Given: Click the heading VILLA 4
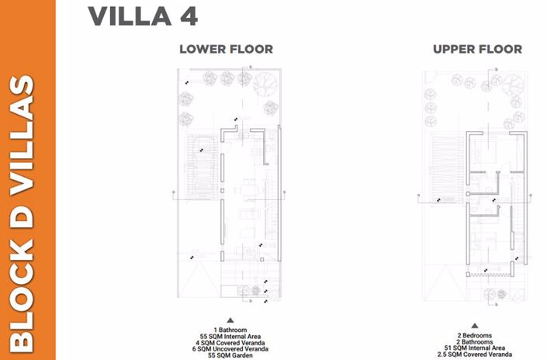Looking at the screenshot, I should (x=142, y=16).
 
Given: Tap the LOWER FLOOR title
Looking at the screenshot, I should (x=226, y=49).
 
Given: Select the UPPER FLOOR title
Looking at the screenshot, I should (x=477, y=49).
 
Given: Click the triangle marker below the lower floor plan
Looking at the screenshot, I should (x=230, y=320).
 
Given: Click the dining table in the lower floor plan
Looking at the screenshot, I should (x=246, y=190).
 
